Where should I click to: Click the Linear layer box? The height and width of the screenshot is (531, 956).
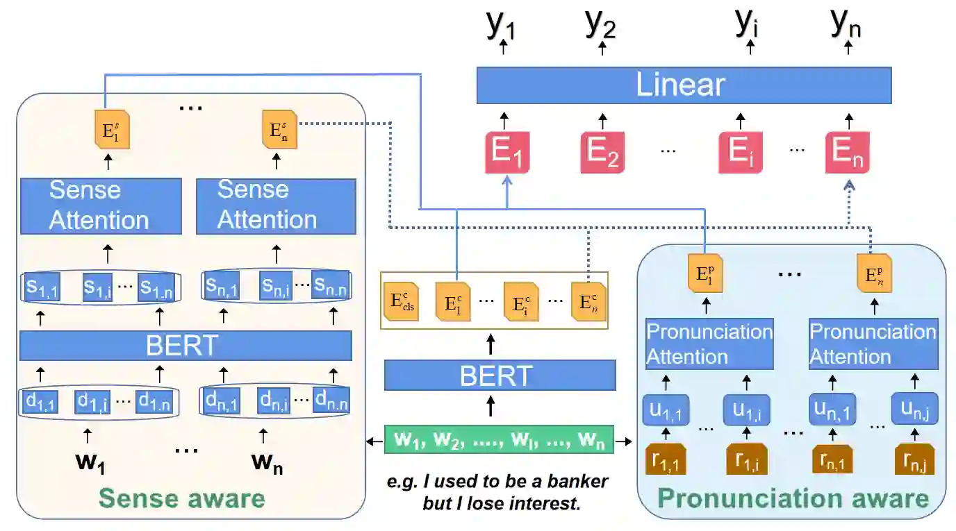click(x=684, y=85)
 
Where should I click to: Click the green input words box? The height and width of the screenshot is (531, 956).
click(x=499, y=440)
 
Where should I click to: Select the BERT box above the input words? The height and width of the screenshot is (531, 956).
click(x=500, y=376)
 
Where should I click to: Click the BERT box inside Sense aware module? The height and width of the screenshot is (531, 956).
click(x=186, y=346)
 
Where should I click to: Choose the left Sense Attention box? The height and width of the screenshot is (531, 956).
click(x=101, y=205)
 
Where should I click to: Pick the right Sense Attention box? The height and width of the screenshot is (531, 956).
click(x=276, y=205)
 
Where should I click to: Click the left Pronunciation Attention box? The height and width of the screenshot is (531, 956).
click(x=709, y=344)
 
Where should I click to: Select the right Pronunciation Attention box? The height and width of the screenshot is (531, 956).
click(x=873, y=344)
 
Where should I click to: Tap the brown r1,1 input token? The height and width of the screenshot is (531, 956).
click(x=666, y=460)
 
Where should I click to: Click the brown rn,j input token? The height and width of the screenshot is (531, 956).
click(x=914, y=460)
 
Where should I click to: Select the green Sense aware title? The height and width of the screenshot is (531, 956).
click(x=182, y=498)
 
